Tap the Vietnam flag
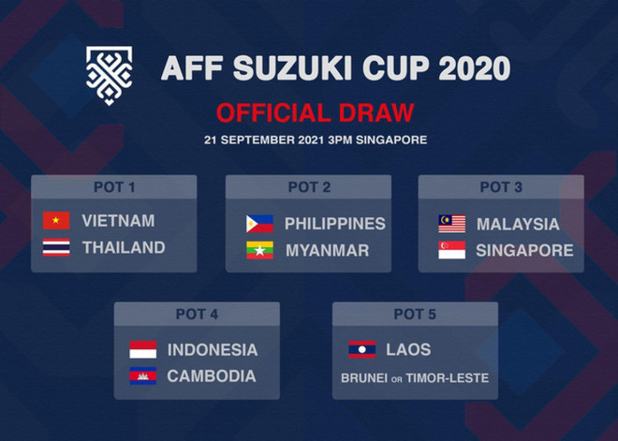tap(56, 221)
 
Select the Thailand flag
tap(56, 248)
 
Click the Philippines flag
tap(259, 224)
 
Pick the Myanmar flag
tap(259, 251)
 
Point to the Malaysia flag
tap(451, 224)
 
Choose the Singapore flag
tap(451, 251)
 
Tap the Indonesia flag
tap(142, 350)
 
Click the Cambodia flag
tap(142, 376)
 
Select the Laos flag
tap(361, 350)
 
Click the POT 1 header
tap(114, 187)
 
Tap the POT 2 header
tap(309, 187)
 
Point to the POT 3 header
tap(501, 187)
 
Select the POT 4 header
tap(197, 315)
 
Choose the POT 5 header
tap(415, 315)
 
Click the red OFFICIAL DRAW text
tap(315, 113)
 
